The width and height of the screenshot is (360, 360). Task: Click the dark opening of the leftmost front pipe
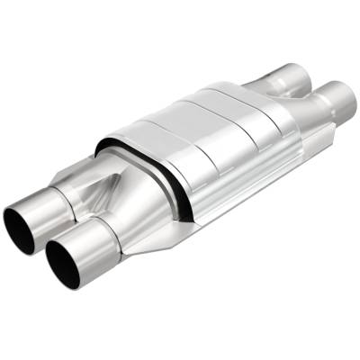pos(21,230)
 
